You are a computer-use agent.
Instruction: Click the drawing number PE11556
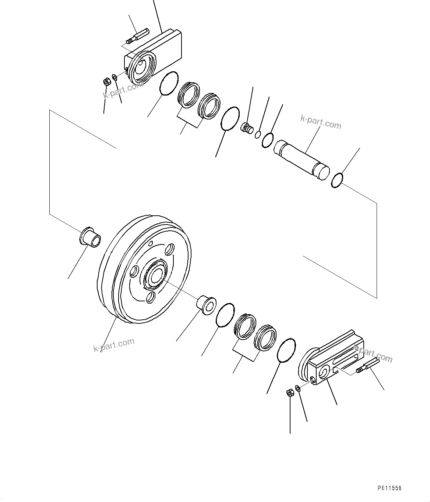(x=389, y=488)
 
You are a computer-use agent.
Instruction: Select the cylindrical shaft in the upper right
(x=301, y=159)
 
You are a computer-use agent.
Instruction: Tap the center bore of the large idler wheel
(x=155, y=275)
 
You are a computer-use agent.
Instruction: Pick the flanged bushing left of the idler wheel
(x=90, y=237)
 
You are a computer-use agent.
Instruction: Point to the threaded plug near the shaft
(x=246, y=128)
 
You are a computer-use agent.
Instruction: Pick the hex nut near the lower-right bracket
(x=289, y=392)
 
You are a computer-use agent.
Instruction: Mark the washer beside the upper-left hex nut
(x=114, y=77)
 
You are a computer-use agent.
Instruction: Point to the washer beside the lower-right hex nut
(x=297, y=388)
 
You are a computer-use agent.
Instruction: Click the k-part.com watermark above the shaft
(x=321, y=122)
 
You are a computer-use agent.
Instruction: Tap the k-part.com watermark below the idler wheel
(x=114, y=345)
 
